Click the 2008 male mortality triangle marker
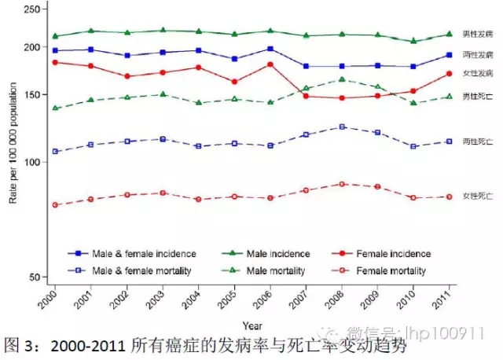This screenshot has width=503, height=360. point(342,79)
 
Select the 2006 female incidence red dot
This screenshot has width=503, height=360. point(270,64)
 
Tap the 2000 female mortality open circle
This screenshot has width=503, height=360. point(55,204)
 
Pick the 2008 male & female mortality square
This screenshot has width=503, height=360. point(342,127)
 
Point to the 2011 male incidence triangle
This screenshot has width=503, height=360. point(449,34)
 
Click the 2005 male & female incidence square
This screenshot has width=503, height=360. point(234,59)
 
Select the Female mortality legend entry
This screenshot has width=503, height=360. point(382,271)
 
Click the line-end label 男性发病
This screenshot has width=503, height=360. point(478,35)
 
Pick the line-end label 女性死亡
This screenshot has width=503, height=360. point(478,196)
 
